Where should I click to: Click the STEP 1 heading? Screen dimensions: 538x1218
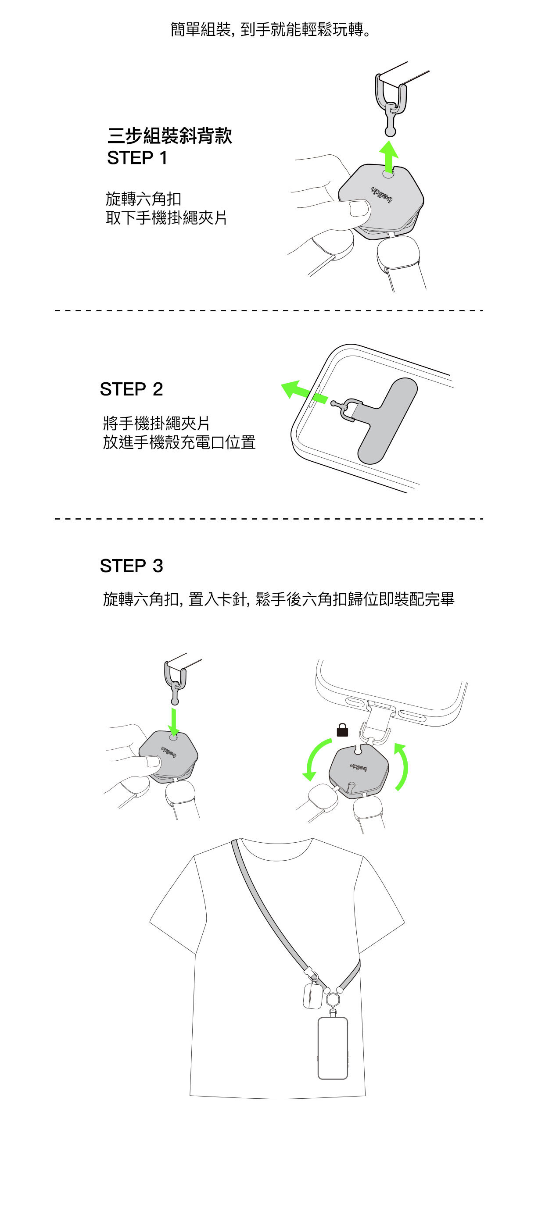click(137, 158)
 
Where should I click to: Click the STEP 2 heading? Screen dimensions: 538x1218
click(132, 389)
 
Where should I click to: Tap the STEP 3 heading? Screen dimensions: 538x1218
click(132, 566)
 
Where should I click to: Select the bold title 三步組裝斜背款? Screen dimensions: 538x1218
click(170, 136)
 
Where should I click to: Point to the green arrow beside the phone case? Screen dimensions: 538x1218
click(304, 391)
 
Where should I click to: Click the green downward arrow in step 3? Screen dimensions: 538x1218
click(174, 722)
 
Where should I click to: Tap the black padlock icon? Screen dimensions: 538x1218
click(342, 730)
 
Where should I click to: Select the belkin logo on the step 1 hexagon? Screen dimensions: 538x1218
click(381, 195)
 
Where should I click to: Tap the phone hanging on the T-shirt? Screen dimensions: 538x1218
click(332, 1048)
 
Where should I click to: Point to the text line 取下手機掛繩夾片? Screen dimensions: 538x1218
click(166, 217)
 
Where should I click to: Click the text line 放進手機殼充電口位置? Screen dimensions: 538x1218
click(179, 442)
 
